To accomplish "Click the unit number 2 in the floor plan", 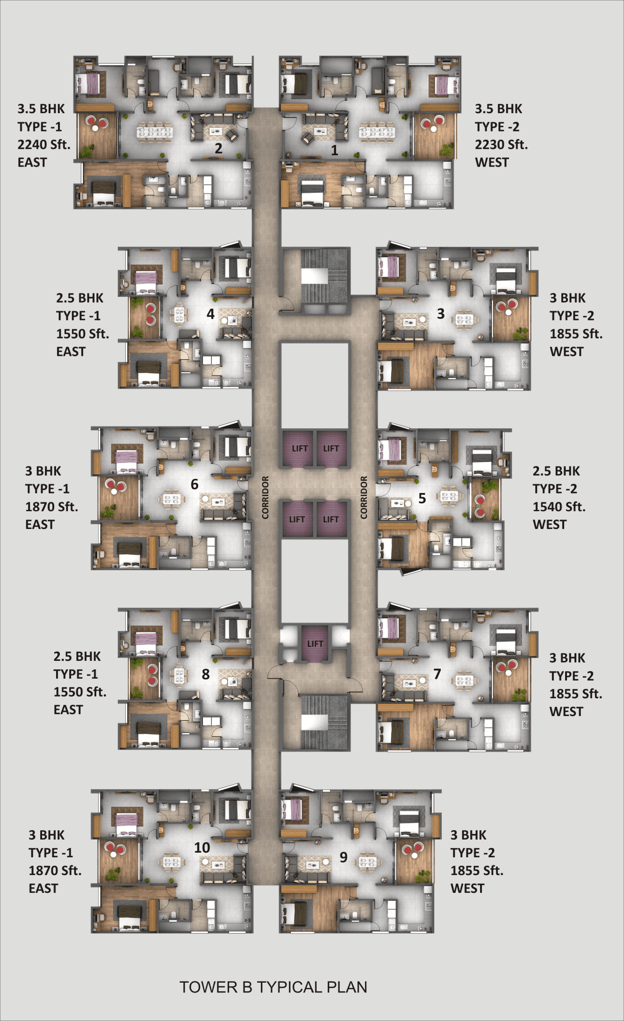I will [218, 149].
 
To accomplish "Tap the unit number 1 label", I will [334, 150].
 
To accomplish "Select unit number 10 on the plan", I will [202, 847].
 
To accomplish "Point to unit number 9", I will [344, 857].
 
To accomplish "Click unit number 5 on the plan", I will [422, 498].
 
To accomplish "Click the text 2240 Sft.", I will [44, 145].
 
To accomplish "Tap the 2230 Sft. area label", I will [501, 145].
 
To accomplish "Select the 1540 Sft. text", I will [559, 507].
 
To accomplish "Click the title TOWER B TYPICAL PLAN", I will [273, 987].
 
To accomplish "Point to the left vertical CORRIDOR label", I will [265, 497].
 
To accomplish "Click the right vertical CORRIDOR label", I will [364, 497].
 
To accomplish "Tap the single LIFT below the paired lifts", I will [315, 644].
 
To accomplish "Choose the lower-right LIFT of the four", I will [331, 519].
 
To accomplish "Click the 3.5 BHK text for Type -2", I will [498, 109].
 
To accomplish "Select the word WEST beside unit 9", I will [467, 888].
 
